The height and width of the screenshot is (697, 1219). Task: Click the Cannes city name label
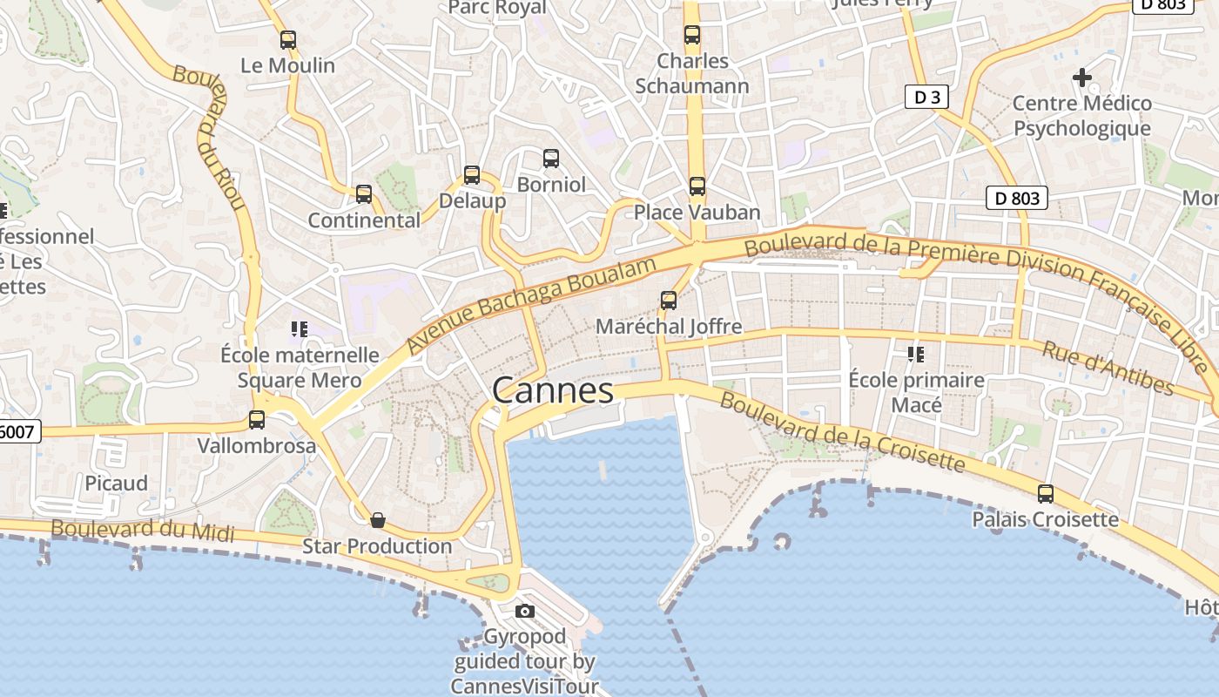(x=553, y=389)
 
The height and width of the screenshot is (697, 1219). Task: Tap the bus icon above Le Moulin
(x=288, y=40)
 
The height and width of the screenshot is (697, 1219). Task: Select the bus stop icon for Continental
(x=364, y=194)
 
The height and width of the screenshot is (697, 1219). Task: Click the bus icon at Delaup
(x=472, y=175)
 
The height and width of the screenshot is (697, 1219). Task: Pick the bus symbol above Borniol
(x=551, y=159)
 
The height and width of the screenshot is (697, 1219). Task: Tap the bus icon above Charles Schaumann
(x=692, y=35)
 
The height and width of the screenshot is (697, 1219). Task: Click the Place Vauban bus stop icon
(x=697, y=186)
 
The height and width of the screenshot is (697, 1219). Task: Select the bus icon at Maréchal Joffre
(x=669, y=301)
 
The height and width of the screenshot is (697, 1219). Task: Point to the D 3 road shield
(x=926, y=97)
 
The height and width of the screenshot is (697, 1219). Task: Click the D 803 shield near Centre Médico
(x=1016, y=198)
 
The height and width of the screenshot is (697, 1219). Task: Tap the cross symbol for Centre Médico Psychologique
(x=1082, y=78)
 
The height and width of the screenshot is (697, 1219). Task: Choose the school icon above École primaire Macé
(x=916, y=355)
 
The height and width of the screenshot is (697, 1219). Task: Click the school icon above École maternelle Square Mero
(x=300, y=329)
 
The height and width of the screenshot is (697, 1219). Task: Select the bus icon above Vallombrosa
(x=257, y=420)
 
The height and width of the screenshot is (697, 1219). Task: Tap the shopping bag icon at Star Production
(x=378, y=520)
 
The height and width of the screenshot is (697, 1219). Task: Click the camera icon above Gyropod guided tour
(x=524, y=611)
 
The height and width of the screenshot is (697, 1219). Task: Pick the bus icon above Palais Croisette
(x=1046, y=494)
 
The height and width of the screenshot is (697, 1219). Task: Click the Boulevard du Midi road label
(x=142, y=529)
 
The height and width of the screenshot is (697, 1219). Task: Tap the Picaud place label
(x=116, y=483)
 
